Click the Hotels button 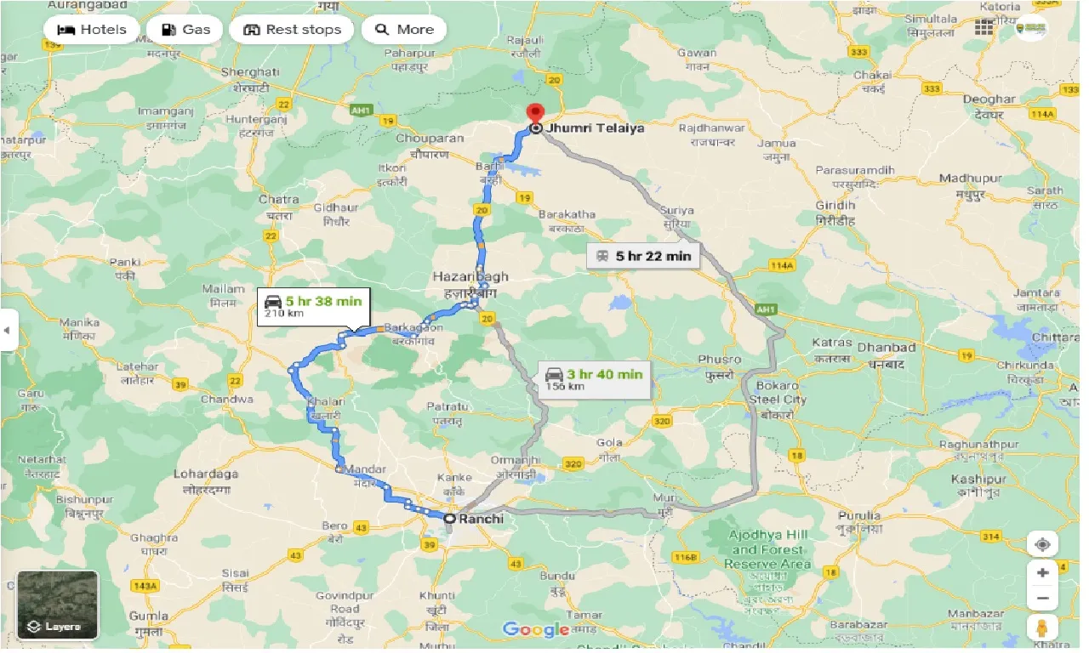[x=91, y=30]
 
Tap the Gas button [x=185, y=30]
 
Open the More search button [x=404, y=30]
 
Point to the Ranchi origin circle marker [x=449, y=518]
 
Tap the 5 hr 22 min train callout [x=643, y=255]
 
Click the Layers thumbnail [x=58, y=604]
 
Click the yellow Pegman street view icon [x=1042, y=627]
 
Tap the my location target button [x=1042, y=543]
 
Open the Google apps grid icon [x=984, y=27]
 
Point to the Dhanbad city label [x=887, y=347]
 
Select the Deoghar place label [x=989, y=99]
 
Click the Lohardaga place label [x=206, y=474]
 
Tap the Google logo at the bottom [x=535, y=629]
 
